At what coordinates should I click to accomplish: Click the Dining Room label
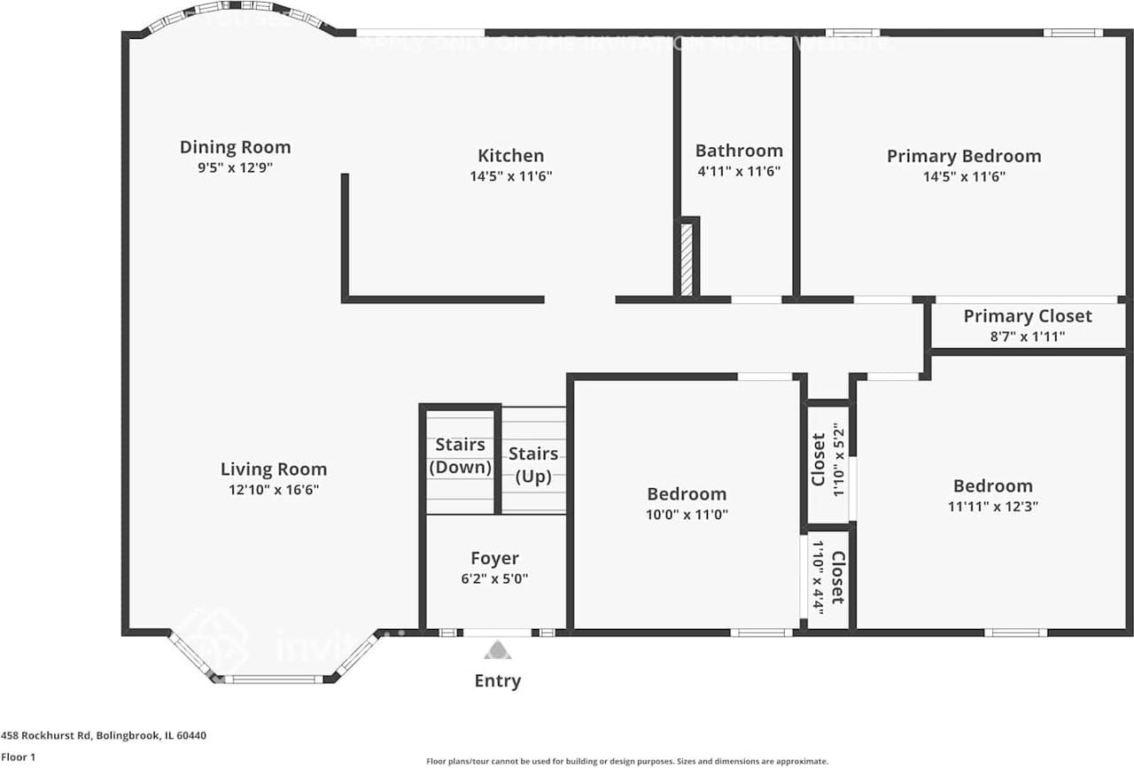[235, 147]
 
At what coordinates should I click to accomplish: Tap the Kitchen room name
[510, 156]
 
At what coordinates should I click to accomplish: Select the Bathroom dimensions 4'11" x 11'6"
[738, 172]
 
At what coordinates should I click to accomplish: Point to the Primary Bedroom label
[964, 156]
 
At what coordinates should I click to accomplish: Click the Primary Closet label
[1028, 316]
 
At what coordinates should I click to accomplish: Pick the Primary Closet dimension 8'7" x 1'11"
[1028, 337]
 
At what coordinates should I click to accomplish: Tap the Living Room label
[274, 469]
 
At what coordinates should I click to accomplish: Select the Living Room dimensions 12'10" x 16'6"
[274, 490]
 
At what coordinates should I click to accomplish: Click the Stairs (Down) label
[460, 456]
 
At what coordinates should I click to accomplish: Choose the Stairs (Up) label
[533, 465]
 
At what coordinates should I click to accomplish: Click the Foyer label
[494, 558]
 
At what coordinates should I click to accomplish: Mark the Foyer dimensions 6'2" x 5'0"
[494, 579]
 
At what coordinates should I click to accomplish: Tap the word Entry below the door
[497, 681]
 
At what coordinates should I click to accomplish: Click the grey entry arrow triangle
[497, 652]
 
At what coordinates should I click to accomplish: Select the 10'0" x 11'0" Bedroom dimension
[687, 514]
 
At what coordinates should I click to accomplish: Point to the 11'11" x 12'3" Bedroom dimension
[992, 507]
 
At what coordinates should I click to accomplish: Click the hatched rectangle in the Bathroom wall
[686, 259]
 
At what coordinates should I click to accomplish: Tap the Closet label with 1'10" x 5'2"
[819, 459]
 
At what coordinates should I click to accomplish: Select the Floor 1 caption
[18, 757]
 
